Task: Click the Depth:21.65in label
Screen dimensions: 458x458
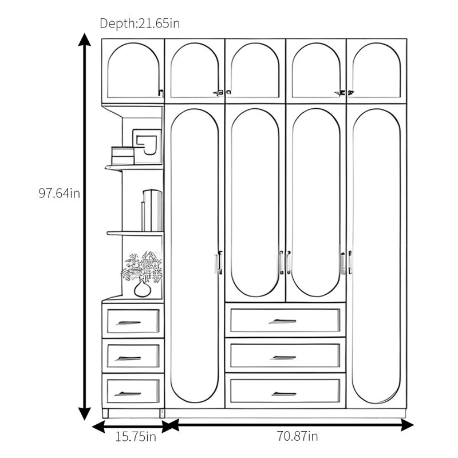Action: tap(140, 23)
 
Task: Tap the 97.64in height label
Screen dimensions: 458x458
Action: tap(60, 194)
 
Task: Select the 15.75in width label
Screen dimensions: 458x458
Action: tap(136, 437)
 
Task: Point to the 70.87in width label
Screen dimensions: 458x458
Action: tap(297, 436)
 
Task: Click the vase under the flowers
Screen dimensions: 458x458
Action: tap(143, 289)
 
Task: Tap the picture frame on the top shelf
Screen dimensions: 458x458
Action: tap(147, 146)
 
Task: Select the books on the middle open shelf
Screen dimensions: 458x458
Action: tap(152, 210)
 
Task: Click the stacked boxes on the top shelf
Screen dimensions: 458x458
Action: tap(123, 156)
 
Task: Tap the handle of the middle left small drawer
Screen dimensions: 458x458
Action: tap(128, 358)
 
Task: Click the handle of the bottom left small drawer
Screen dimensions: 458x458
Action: tap(128, 394)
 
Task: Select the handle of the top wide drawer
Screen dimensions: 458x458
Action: tap(283, 321)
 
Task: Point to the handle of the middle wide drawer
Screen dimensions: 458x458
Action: tap(283, 357)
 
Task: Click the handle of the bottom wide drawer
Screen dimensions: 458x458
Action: tap(284, 394)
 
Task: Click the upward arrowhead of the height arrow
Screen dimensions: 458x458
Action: tap(84, 40)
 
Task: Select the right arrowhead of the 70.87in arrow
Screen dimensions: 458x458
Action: tap(407, 425)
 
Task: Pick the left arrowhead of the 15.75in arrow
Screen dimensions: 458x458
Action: tap(98, 427)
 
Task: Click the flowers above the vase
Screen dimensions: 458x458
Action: tap(142, 267)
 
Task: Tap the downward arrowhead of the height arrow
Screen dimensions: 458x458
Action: tap(84, 413)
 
